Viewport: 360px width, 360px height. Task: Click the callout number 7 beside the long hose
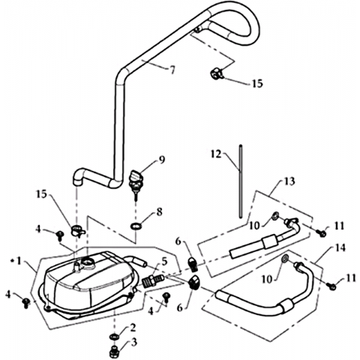(172, 70)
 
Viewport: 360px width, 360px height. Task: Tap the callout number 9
(162, 160)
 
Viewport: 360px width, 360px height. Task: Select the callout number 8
(159, 212)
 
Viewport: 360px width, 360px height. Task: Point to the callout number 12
(216, 154)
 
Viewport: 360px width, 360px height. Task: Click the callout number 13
(289, 181)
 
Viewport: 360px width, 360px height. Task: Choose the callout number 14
(340, 247)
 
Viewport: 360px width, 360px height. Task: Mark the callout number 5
(164, 262)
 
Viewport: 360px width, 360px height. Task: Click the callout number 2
(133, 328)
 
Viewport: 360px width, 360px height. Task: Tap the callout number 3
(134, 342)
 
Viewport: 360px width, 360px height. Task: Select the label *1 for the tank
(16, 261)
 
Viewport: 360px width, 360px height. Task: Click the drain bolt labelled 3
(114, 352)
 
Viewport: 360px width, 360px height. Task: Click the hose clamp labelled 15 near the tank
(76, 230)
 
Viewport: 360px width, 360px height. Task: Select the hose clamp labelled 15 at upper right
(216, 73)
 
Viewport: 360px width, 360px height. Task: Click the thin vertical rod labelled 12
(241, 181)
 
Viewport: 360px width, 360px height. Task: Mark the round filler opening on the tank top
(87, 263)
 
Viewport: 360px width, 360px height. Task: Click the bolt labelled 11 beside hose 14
(332, 286)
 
